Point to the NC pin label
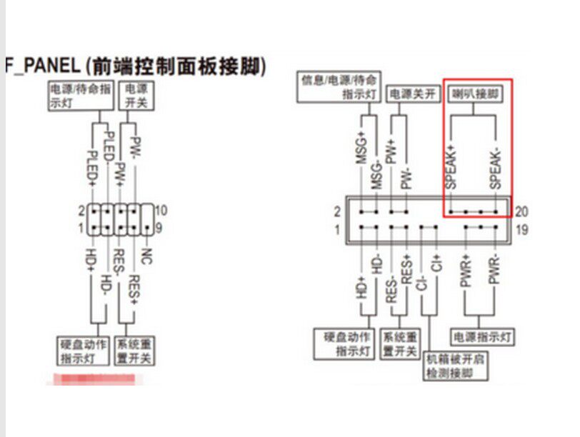pos(146,255)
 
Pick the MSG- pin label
pos(376,172)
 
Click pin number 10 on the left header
pos(161,211)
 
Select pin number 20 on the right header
pos(521,212)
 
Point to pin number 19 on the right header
pos(521,229)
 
